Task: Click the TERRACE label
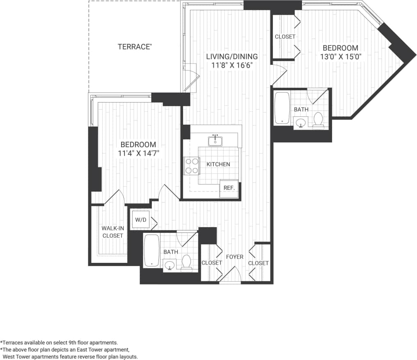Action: (135, 47)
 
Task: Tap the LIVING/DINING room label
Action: (231, 57)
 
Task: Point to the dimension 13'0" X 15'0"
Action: (340, 57)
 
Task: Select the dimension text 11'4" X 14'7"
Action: (138, 153)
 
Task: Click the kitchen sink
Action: (215, 141)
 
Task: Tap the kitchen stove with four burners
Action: (191, 166)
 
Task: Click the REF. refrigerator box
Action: (229, 188)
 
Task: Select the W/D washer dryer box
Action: (140, 220)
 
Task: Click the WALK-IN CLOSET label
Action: (112, 232)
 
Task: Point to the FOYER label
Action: (235, 257)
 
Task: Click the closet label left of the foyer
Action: (212, 263)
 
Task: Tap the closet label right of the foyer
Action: (258, 263)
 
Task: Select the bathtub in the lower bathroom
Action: (151, 250)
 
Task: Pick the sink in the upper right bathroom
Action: (302, 122)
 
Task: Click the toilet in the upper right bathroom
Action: (318, 120)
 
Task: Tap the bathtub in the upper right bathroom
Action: (282, 107)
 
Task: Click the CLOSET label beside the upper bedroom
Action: (285, 36)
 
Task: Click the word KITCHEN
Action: (218, 164)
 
